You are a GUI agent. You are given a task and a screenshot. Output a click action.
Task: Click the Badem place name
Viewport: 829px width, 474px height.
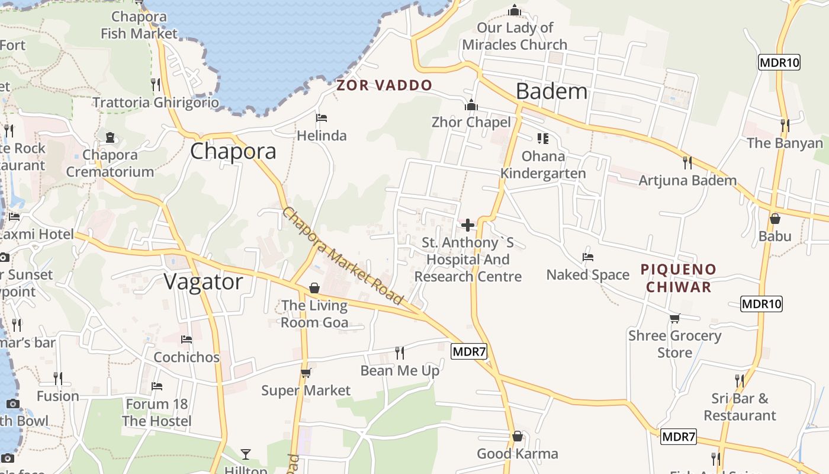pos(551,91)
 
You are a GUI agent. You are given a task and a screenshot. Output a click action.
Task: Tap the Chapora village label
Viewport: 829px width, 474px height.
pos(233,151)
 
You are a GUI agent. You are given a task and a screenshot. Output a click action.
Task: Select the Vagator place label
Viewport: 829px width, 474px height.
pos(203,282)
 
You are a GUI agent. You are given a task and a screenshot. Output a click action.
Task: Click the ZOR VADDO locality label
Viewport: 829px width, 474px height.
pos(384,85)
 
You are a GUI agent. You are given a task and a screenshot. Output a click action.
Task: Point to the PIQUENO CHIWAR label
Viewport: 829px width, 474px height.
pos(679,278)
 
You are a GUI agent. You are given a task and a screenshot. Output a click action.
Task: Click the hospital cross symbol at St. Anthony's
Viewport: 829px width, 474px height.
pos(468,225)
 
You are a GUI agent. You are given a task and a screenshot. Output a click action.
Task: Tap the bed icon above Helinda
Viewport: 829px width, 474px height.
pos(322,118)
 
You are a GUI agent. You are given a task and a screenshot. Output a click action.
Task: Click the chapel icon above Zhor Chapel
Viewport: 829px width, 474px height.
pos(471,105)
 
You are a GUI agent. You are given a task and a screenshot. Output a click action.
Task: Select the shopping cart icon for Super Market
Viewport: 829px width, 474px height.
pos(306,373)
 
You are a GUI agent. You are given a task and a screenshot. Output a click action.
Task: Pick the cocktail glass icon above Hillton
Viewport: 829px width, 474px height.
pos(246,454)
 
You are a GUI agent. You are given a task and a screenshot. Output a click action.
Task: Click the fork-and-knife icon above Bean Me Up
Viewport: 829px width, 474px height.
pos(400,353)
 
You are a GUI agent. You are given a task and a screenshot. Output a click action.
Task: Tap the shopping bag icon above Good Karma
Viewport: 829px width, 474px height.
pos(518,436)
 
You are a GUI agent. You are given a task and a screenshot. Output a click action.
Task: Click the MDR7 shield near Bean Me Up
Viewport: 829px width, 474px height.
pos(469,351)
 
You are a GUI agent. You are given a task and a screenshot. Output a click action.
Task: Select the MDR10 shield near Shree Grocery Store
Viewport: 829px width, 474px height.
pos(761,304)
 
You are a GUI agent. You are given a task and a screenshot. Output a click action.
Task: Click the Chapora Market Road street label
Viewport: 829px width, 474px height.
pos(342,256)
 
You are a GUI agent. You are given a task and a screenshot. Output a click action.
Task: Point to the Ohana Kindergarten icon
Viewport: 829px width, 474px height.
pos(542,139)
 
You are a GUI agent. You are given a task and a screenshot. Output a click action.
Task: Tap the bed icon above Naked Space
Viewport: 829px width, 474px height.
pos(587,257)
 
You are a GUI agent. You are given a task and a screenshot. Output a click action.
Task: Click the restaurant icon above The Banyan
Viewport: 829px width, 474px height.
pos(785,125)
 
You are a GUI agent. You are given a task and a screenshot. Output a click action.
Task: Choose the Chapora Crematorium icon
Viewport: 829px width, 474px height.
pos(110,137)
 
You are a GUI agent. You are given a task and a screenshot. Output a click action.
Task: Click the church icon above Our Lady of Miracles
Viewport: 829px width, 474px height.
pos(514,10)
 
